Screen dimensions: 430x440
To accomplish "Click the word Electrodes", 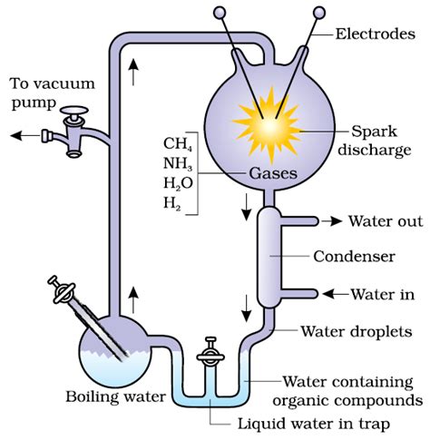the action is point(376,34).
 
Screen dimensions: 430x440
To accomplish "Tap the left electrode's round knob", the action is point(220,13).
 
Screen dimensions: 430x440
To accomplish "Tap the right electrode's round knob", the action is point(319,13).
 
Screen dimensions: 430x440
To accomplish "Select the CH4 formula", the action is point(178,144).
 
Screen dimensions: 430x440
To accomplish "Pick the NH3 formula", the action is point(178,164).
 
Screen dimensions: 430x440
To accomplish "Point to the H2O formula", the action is point(178,183).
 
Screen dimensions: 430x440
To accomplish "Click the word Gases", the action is point(273,174).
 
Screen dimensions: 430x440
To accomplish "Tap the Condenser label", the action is point(354,257).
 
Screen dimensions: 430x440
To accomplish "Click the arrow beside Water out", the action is point(332,221).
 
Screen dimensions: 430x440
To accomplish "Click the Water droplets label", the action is point(357,331).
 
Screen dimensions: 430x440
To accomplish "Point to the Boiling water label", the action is point(116,396).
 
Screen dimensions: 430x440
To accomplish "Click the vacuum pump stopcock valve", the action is point(74,131).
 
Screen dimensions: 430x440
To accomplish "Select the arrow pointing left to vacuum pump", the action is point(25,135).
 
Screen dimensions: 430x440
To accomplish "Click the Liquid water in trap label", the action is point(314,424).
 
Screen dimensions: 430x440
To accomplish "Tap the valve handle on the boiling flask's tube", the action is point(63,290).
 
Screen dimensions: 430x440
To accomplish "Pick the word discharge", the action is point(375,151).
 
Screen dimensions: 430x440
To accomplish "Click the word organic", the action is point(303,401).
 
